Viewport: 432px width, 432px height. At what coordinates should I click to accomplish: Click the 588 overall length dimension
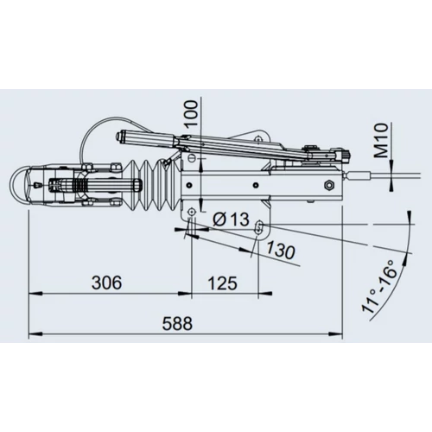(177, 323)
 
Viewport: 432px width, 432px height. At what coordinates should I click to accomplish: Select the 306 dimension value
(106, 283)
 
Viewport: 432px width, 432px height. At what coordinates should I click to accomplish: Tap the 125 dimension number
(223, 283)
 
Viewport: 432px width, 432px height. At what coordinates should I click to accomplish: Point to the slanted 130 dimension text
(280, 250)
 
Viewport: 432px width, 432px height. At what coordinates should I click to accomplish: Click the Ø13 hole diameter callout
(231, 219)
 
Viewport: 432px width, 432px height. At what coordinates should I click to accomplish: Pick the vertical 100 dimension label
(192, 113)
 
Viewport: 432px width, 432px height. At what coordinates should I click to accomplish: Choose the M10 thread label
(382, 140)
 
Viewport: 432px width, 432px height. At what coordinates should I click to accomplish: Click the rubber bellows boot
(150, 186)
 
